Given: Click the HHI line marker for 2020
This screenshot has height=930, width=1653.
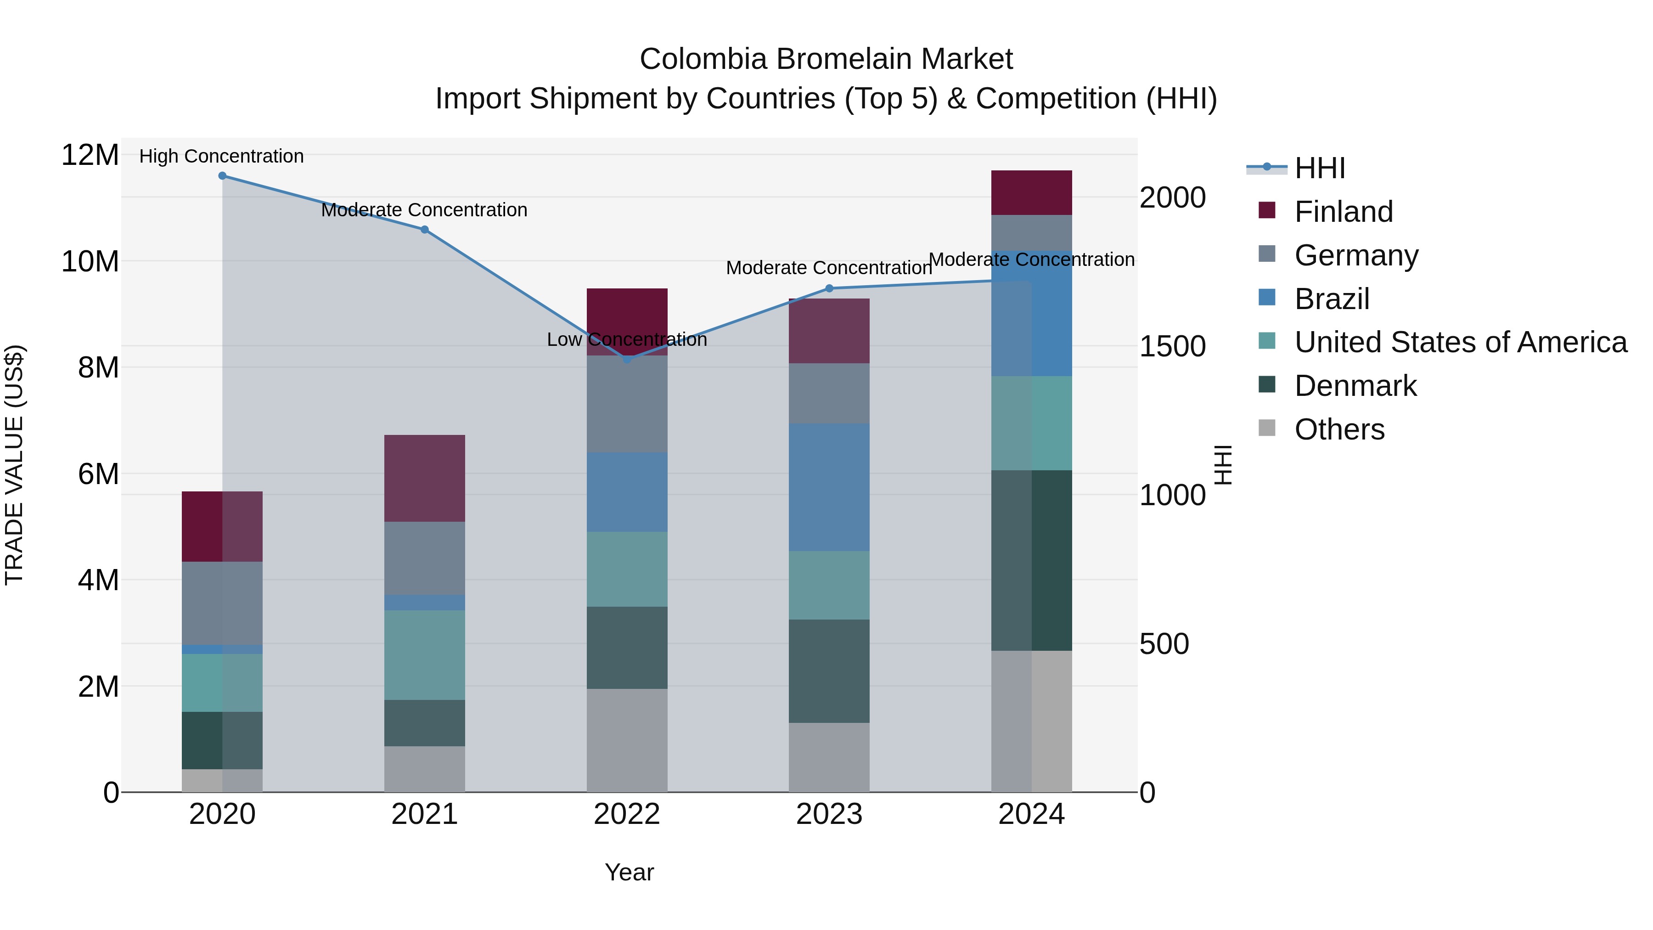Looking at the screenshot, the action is point(222,176).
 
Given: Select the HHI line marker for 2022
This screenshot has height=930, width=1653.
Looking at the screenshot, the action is point(627,360).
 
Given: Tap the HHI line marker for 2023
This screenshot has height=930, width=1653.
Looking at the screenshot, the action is point(829,288).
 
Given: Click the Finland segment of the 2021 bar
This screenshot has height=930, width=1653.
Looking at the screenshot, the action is point(424,478).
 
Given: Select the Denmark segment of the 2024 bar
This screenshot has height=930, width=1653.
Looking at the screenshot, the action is point(1032,560).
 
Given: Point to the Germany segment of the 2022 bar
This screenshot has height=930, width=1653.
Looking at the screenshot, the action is point(627,404).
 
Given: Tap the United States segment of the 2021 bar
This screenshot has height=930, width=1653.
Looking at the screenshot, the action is point(424,654).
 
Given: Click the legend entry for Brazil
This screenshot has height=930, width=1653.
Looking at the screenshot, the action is point(1332,299).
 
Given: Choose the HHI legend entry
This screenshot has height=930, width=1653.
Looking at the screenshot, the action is point(1319,168).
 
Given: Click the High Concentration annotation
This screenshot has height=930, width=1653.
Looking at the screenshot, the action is point(221,156).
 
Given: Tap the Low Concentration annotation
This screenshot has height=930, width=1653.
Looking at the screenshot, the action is point(627,339).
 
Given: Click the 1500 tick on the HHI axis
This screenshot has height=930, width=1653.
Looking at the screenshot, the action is point(1172,347).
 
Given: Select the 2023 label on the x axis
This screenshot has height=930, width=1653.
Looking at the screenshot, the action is point(829,814).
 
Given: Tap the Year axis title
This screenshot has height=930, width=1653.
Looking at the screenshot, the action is point(629,872).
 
